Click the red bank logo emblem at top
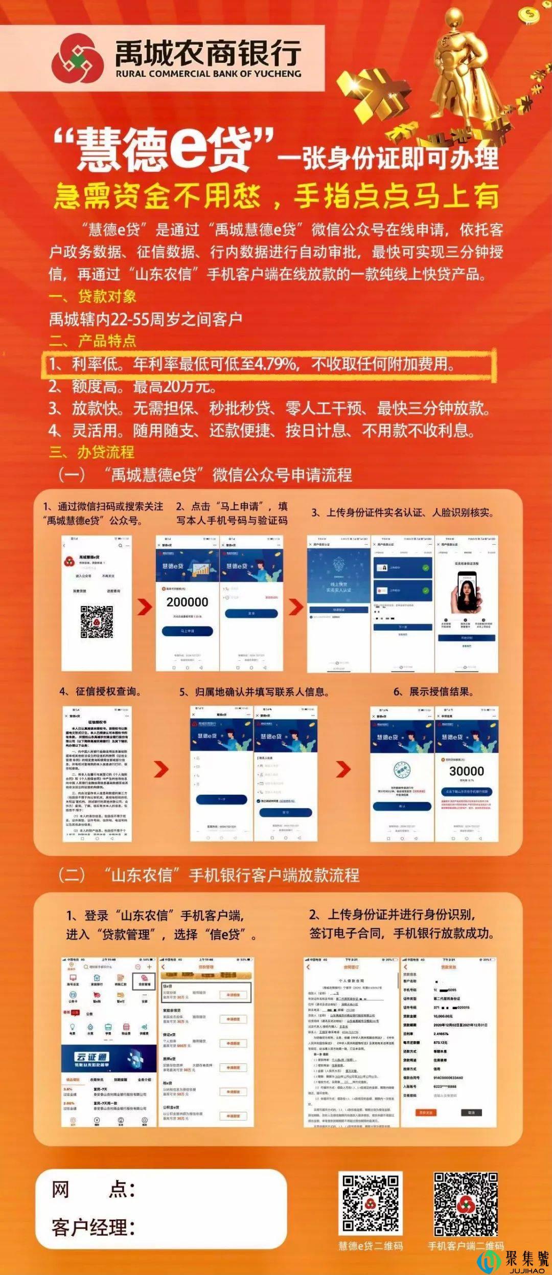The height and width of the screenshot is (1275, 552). click(75, 57)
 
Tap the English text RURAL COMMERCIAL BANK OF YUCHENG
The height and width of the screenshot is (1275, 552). click(208, 74)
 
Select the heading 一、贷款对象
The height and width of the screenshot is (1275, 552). click(93, 296)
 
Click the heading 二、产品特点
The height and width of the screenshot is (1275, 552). click(93, 341)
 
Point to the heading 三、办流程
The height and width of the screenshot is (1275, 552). click(91, 452)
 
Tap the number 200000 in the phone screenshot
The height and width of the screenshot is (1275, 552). click(187, 602)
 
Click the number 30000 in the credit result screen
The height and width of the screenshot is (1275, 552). click(466, 771)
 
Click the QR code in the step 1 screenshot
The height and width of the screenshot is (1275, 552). click(97, 622)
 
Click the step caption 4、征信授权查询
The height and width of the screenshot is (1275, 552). click(100, 691)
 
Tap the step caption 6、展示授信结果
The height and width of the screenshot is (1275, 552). click(433, 692)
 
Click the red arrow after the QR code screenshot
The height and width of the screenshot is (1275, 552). click(145, 607)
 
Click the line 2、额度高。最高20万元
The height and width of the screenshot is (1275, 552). click(132, 387)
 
